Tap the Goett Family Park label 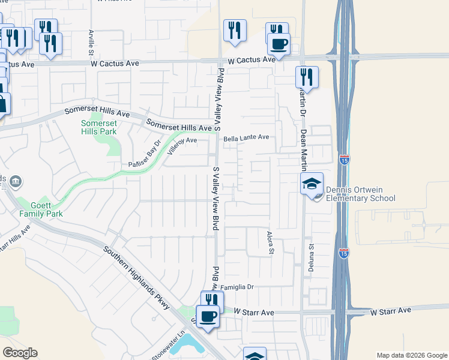point(41,209)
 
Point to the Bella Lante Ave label point(246,137)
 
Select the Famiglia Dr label point(238,287)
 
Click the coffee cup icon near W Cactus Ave point(278,43)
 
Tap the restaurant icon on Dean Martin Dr point(307,76)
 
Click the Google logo point(20,353)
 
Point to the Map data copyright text point(411,355)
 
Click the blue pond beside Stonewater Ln point(191,343)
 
